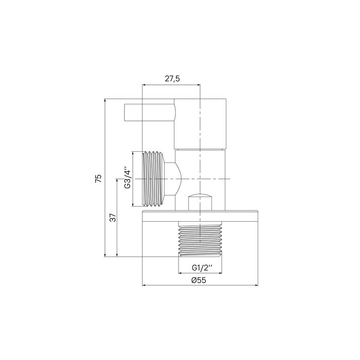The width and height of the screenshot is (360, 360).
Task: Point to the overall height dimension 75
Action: [x=99, y=178]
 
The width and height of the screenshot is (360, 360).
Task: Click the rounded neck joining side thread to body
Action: [x=175, y=178]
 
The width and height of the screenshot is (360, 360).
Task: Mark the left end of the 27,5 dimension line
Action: [x=142, y=85]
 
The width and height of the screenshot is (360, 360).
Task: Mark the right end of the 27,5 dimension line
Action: [x=200, y=85]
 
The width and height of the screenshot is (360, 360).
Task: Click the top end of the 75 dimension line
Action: [x=105, y=98]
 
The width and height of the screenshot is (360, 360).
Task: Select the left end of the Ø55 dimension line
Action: [x=142, y=285]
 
